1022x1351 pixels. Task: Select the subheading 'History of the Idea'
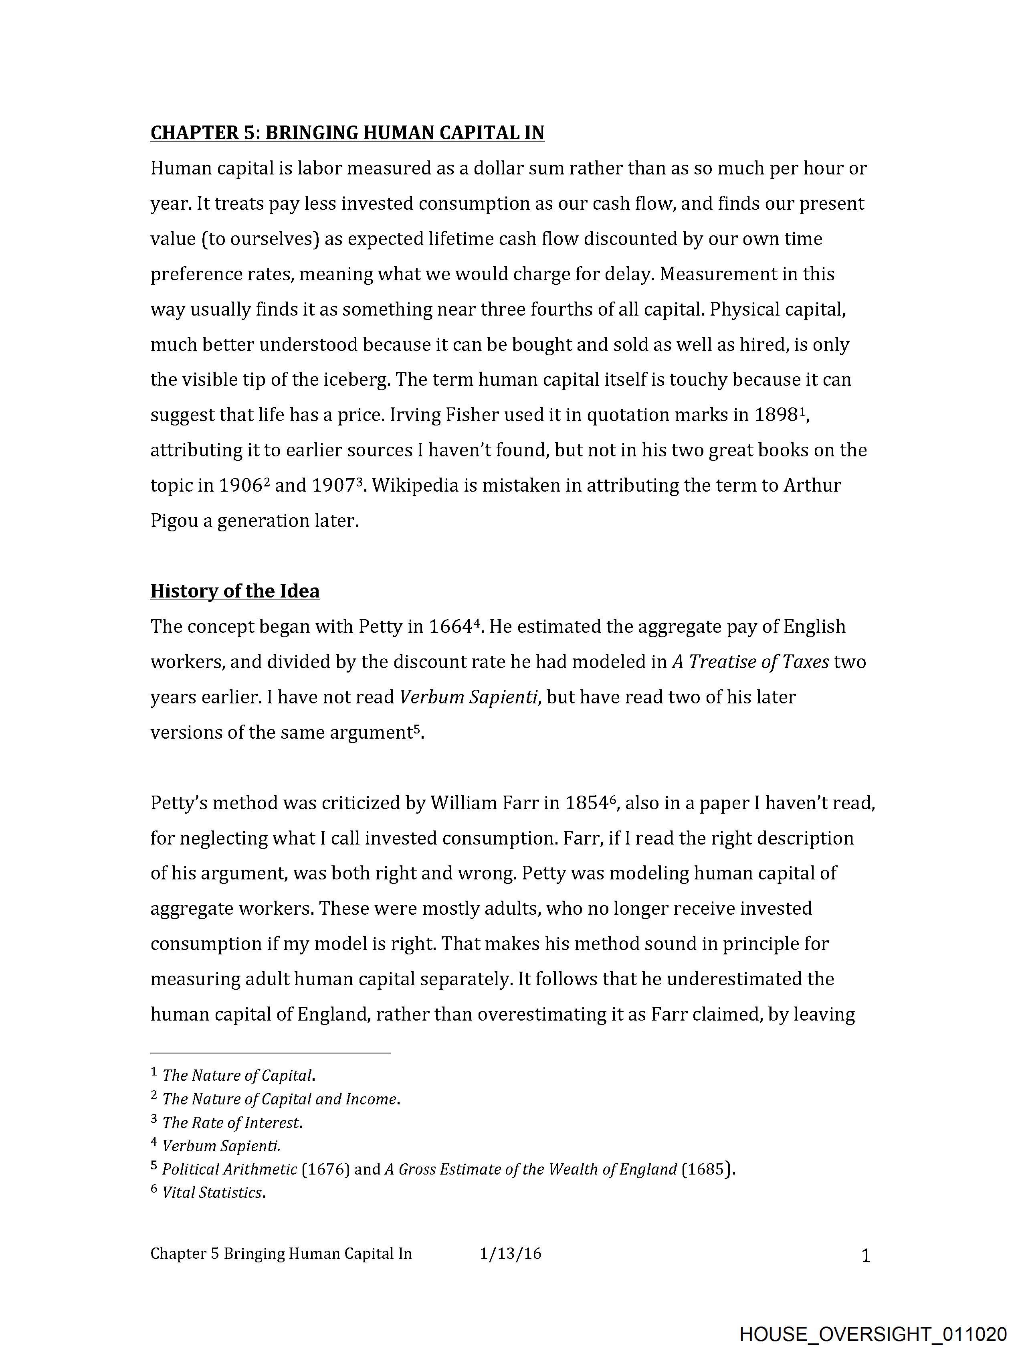(x=235, y=591)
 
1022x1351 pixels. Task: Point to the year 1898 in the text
(x=776, y=415)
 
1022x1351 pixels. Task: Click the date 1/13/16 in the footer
(x=510, y=1254)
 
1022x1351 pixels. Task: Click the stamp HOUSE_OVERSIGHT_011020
(x=873, y=1334)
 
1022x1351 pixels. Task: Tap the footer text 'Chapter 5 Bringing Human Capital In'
(x=281, y=1254)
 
